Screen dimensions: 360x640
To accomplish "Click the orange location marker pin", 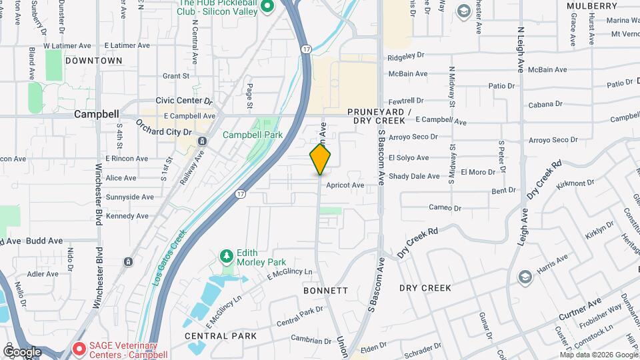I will pyautogui.click(x=321, y=160).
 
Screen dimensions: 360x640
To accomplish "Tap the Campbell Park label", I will pyautogui.click(x=253, y=135).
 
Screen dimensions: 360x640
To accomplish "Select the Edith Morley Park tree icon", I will pyautogui.click(x=227, y=256).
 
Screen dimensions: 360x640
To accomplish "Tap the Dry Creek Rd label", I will pyautogui.click(x=417, y=243).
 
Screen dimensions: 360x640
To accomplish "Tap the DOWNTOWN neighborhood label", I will pyautogui.click(x=94, y=61).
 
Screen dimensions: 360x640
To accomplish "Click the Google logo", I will pyautogui.click(x=22, y=351).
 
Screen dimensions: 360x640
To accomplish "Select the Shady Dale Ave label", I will pyautogui.click(x=414, y=176).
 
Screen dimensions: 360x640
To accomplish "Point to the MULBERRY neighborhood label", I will pyautogui.click(x=592, y=6).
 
